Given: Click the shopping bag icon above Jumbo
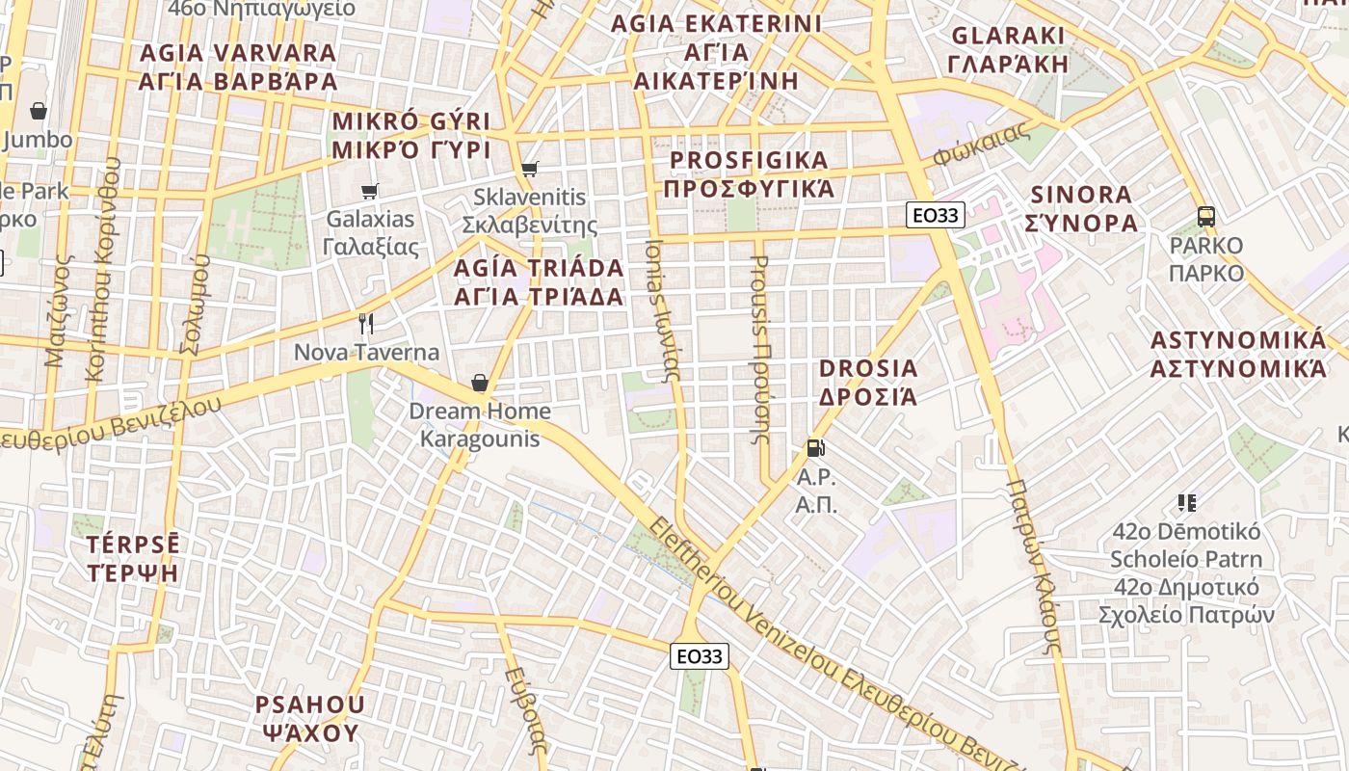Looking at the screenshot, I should click(x=39, y=111).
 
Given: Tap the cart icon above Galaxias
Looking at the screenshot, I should click(x=369, y=191).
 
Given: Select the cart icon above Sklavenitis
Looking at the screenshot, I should click(x=529, y=170).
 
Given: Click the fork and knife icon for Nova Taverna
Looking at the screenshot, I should click(x=365, y=324).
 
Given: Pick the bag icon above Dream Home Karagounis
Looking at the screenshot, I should click(x=479, y=384).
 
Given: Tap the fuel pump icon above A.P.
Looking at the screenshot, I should click(x=815, y=448).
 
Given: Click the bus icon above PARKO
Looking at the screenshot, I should click(x=1205, y=216).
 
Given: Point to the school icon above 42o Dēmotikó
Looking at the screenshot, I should click(x=1186, y=502).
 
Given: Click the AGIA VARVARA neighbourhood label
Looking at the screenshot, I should click(x=238, y=66).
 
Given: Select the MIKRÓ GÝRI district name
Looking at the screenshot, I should click(x=411, y=136).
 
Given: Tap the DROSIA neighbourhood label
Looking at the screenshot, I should click(x=868, y=382).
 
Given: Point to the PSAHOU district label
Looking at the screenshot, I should click(x=309, y=718).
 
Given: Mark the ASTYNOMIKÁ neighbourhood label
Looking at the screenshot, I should click(x=1238, y=354).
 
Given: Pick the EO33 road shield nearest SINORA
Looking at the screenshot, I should click(x=936, y=215).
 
